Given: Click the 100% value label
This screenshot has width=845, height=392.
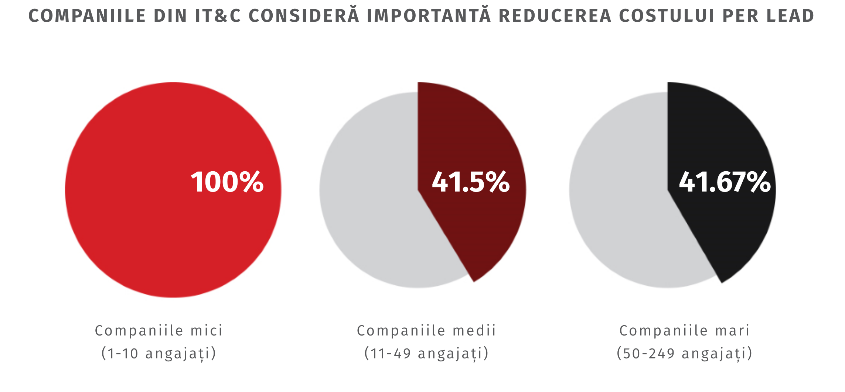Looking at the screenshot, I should click(227, 182).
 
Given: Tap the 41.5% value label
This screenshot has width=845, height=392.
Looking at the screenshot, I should click(471, 182).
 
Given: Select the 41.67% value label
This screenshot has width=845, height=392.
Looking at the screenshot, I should click(725, 182).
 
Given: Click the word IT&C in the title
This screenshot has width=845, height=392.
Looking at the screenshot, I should click(218, 16).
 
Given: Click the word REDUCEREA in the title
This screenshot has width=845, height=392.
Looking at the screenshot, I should click(555, 16).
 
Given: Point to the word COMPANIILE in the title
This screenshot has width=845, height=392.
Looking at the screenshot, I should click(87, 16).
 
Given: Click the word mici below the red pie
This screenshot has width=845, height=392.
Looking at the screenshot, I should click(207, 330).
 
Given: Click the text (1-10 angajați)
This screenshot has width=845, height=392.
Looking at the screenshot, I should click(159, 353).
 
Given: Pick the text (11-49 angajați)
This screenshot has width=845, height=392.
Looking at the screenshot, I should click(426, 353).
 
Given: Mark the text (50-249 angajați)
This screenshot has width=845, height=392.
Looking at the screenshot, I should click(684, 353).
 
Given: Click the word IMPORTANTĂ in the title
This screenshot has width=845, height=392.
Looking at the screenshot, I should click(429, 16).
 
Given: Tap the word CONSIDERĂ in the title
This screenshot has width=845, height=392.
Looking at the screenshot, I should click(304, 16).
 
